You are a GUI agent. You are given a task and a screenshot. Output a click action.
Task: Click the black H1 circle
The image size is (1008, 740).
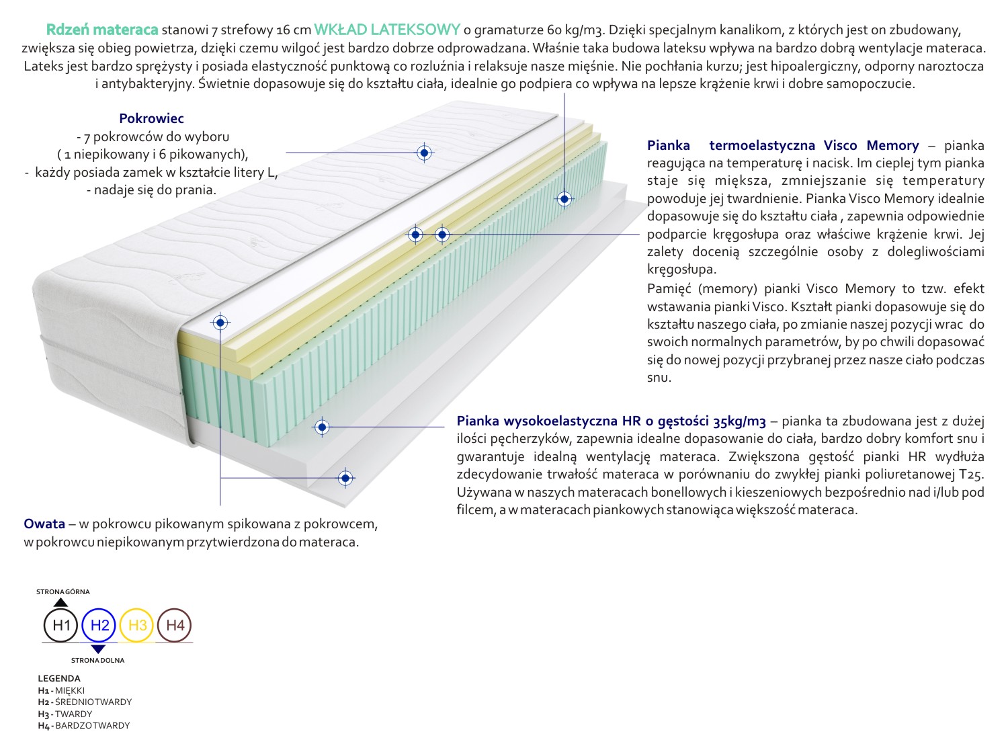(61, 626)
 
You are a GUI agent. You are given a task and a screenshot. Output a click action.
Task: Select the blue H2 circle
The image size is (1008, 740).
(99, 626)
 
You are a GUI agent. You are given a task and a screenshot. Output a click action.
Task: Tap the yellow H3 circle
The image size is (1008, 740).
(137, 626)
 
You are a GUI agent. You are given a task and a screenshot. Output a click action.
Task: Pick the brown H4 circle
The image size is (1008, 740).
(175, 626)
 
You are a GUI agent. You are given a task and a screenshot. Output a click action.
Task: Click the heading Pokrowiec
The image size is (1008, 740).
(151, 119)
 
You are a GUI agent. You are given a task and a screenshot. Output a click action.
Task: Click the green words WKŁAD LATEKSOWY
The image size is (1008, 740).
(387, 30)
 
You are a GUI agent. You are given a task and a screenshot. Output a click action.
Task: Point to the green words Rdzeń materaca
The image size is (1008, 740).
(102, 30)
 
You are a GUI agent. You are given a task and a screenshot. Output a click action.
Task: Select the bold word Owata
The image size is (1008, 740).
(44, 524)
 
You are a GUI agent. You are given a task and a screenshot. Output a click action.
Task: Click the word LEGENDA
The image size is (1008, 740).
(59, 678)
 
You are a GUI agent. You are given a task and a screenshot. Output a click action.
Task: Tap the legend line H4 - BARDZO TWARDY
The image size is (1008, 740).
(84, 726)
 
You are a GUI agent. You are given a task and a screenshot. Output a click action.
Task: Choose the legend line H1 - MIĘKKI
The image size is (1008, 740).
(62, 690)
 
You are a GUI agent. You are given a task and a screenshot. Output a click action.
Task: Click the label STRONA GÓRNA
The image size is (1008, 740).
(63, 591)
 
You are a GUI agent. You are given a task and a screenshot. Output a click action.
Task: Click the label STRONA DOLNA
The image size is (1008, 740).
(98, 660)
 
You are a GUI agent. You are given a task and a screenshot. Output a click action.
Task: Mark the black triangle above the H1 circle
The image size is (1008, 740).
(61, 602)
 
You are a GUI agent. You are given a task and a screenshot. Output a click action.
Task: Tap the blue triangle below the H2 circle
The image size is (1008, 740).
(98, 649)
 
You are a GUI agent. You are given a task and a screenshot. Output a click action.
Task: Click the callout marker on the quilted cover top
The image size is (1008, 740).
(424, 153)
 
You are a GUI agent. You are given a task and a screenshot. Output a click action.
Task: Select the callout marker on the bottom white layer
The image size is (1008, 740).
(345, 478)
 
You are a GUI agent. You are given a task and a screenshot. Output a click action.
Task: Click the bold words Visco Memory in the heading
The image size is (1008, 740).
(880, 146)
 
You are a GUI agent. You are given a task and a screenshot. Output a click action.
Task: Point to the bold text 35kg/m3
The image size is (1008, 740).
(740, 421)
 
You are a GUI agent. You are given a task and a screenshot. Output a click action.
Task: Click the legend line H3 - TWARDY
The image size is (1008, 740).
(65, 714)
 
